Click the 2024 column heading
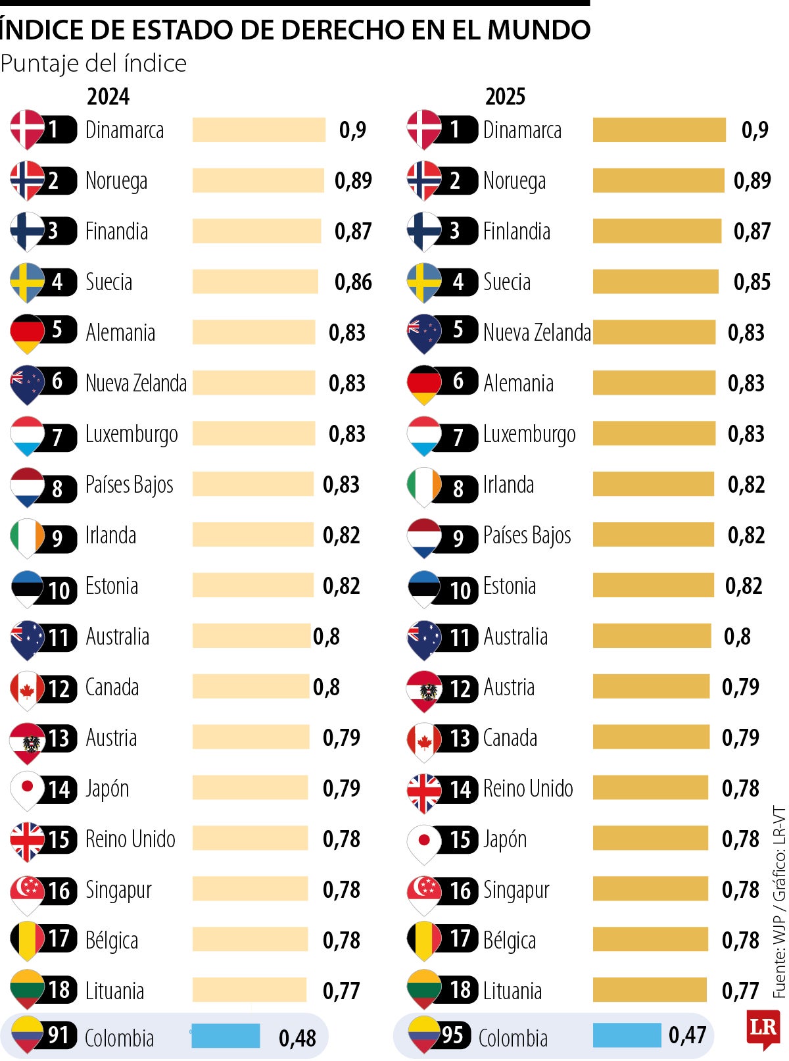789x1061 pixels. pos(108,97)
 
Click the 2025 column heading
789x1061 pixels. pos(505,97)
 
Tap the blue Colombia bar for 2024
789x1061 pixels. pos(226,1035)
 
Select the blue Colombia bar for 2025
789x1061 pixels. pos(627,1035)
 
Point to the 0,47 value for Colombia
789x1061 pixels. pos(687,1035)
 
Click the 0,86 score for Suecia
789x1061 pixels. pos(353,282)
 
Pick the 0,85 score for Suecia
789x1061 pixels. pos(752,282)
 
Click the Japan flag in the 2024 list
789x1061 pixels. pos(26,787)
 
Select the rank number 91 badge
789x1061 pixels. pos(59,1035)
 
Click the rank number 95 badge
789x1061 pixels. pos(453,1035)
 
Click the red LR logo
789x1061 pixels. pos(763,1029)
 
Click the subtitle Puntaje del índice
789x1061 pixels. pos(93,63)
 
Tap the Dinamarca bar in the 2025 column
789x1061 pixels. pos(659,130)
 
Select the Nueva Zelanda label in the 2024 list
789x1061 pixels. pos(136,383)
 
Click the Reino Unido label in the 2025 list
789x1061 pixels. pos(528,788)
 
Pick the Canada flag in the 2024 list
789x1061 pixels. pos(26,688)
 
